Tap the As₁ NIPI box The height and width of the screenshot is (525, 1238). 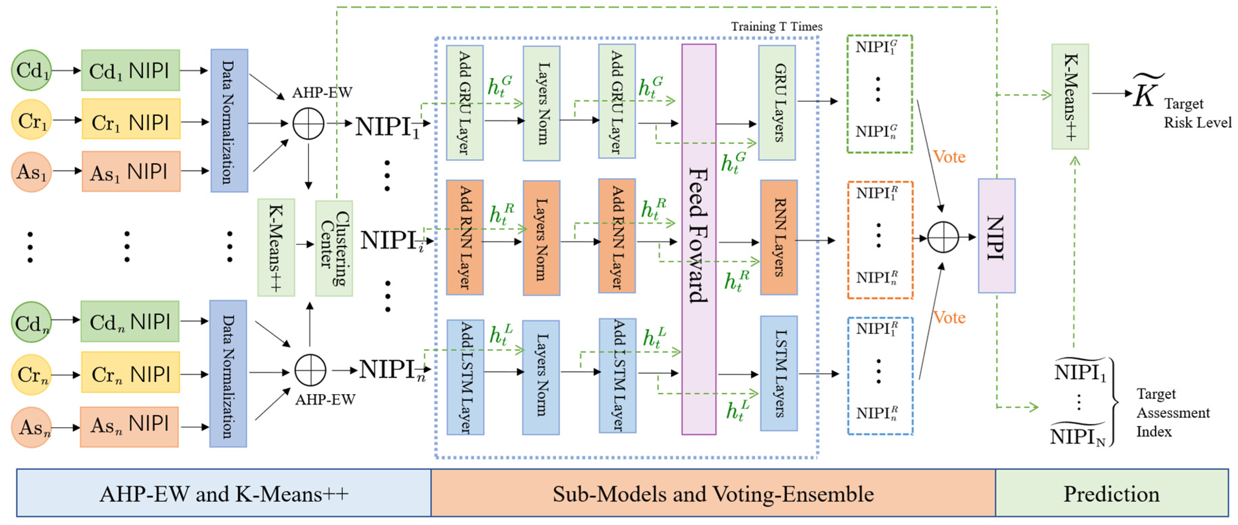[131, 171]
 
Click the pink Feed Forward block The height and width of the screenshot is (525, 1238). [698, 239]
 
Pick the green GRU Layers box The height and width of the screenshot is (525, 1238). [776, 103]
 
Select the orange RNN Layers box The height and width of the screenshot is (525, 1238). [779, 237]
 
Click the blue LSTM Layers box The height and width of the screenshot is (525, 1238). [779, 373]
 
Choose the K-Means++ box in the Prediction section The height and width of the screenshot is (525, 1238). [1070, 97]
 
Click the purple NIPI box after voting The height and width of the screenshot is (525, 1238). [996, 236]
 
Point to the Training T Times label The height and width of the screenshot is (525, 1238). [776, 26]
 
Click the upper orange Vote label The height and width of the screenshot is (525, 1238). [949, 157]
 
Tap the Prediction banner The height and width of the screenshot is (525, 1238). [1111, 493]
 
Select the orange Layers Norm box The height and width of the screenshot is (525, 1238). [541, 238]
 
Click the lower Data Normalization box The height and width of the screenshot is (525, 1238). [228, 374]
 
